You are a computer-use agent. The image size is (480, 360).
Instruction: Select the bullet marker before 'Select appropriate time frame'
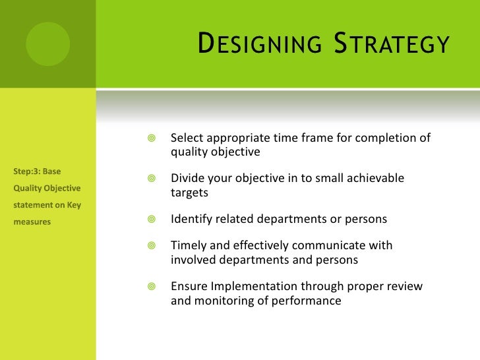151,138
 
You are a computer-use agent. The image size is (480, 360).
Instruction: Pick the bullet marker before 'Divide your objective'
151,179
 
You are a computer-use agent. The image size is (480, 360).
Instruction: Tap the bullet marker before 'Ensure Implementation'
151,287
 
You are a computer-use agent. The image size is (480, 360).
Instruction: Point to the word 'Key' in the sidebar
73,205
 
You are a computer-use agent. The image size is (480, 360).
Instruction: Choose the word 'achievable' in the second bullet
375,179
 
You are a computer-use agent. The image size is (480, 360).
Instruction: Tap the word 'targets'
189,193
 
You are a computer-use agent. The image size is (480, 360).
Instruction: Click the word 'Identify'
191,219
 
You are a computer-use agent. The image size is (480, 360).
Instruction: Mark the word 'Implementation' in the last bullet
247,287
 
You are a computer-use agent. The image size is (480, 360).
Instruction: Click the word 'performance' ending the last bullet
309,301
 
